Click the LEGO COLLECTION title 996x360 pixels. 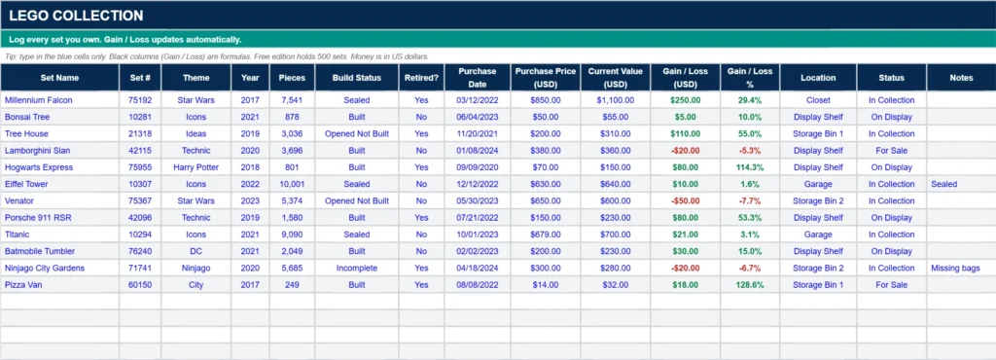tap(76, 16)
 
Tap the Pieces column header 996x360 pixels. tap(292, 78)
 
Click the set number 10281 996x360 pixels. tap(140, 117)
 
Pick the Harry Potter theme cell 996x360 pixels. tap(196, 167)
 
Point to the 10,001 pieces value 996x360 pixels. tap(292, 184)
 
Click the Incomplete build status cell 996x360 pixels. tap(357, 268)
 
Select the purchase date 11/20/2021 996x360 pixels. tap(477, 134)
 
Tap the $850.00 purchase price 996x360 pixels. tap(546, 100)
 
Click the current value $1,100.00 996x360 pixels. tap(616, 100)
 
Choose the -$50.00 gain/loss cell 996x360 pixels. tap(686, 200)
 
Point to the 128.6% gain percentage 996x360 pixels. tap(750, 285)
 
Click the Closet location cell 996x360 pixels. tap(818, 100)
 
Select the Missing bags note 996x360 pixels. tap(955, 268)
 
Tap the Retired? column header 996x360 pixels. tap(421, 78)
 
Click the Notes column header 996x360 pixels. tap(961, 78)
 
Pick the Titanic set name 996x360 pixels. tap(18, 234)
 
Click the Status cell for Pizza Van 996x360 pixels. tap(891, 285)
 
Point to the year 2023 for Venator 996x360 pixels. tap(250, 200)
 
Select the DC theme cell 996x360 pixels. tap(196, 251)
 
